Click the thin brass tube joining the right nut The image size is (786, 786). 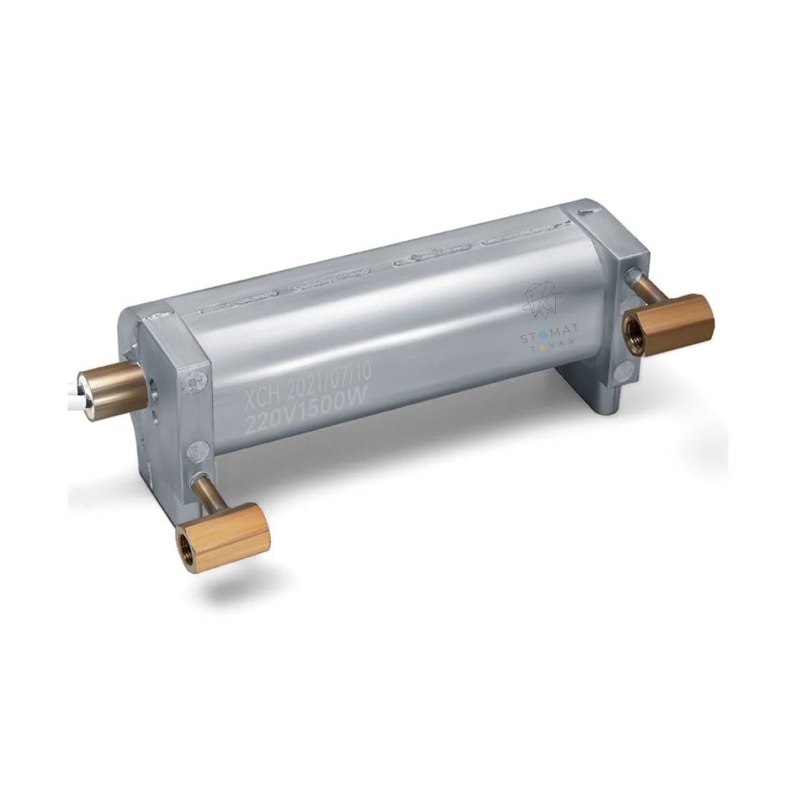(642, 291)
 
